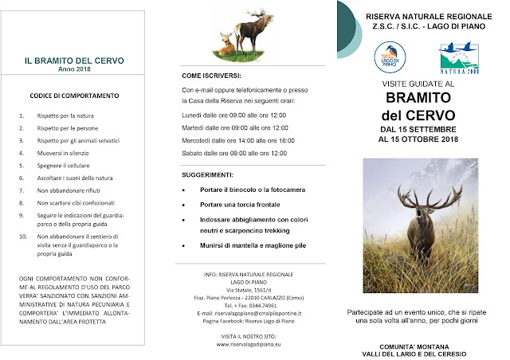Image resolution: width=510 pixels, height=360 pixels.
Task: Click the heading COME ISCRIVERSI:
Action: click(211, 76)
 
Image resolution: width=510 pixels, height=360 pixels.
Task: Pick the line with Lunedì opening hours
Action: click(235, 115)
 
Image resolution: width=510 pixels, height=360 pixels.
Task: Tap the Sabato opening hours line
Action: click(235, 151)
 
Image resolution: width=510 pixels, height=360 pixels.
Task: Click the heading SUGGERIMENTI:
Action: click(207, 174)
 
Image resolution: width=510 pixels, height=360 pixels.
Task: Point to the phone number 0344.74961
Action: click(254, 306)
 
